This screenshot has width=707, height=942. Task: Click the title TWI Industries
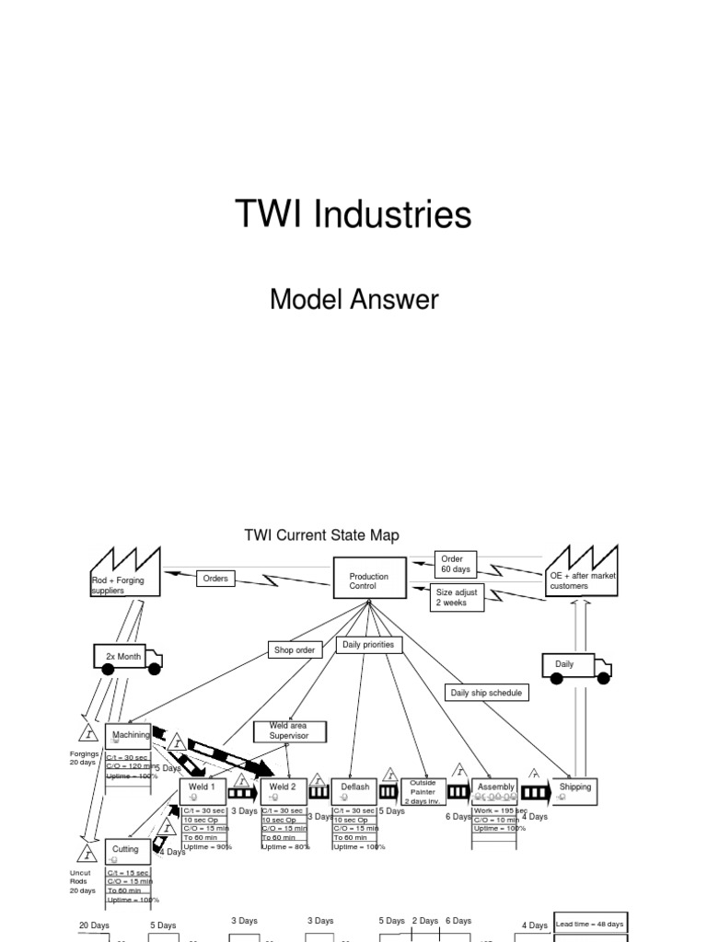point(353,215)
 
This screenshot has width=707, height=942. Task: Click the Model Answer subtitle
point(353,299)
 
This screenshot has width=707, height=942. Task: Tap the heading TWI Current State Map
point(321,535)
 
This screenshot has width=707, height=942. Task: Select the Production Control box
point(369,580)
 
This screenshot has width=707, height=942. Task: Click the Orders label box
point(216,579)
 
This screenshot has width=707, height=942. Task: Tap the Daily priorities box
point(368,646)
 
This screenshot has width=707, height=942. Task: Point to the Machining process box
point(128,737)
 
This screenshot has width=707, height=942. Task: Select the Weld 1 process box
point(203,789)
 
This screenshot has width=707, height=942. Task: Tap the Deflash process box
point(355,789)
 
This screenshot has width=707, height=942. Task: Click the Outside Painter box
point(423,791)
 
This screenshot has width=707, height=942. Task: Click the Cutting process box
point(127,851)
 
